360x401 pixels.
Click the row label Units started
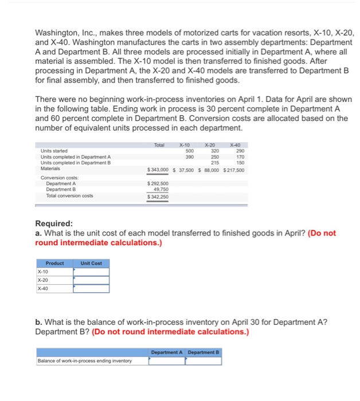(54, 151)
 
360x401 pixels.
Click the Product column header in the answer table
(55, 263)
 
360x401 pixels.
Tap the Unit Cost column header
(91, 263)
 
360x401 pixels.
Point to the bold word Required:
(54, 223)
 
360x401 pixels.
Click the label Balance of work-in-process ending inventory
(84, 360)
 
